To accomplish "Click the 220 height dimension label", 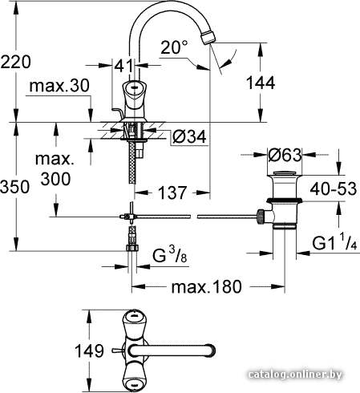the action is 16,62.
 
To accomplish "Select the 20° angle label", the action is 175,47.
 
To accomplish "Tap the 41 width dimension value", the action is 123,66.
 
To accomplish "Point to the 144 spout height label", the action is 261,83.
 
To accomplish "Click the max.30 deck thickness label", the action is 59,86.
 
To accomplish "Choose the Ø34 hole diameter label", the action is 189,136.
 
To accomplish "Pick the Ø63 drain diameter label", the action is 285,155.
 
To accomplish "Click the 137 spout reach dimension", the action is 172,192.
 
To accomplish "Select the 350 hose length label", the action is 14,186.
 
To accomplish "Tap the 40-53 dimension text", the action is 334,188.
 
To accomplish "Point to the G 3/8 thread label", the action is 169,255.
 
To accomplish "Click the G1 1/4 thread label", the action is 334,242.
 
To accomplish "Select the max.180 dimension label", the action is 206,287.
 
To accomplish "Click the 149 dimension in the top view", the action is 89,350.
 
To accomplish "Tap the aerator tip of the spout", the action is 208,38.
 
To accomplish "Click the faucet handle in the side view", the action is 132,93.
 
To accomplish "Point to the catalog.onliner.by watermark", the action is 295,375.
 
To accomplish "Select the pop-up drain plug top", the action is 284,173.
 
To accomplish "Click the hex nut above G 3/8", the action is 132,247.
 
